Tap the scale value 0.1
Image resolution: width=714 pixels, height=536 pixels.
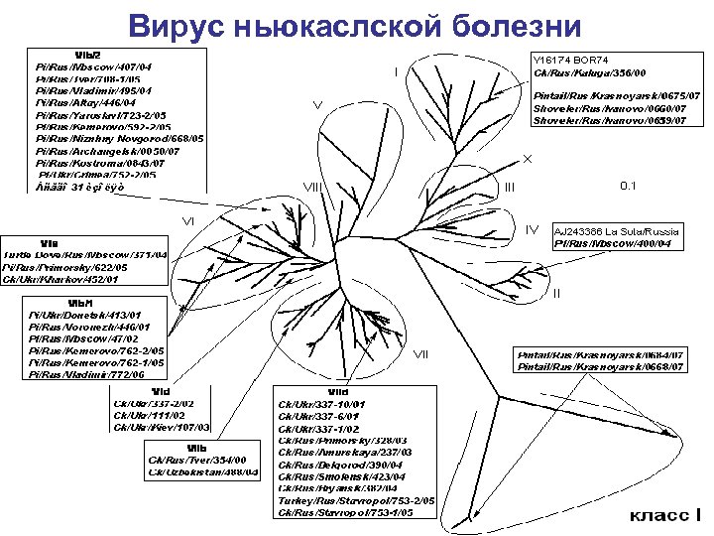[629, 186]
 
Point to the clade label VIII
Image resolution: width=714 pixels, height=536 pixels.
[313, 186]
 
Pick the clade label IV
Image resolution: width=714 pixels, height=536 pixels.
[532, 230]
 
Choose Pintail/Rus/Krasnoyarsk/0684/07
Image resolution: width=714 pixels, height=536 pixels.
[601, 354]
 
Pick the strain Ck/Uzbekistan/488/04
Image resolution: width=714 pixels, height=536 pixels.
[202, 471]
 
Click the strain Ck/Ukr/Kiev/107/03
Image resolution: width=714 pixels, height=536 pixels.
[162, 426]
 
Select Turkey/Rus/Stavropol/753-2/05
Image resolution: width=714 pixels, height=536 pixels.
[357, 501]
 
